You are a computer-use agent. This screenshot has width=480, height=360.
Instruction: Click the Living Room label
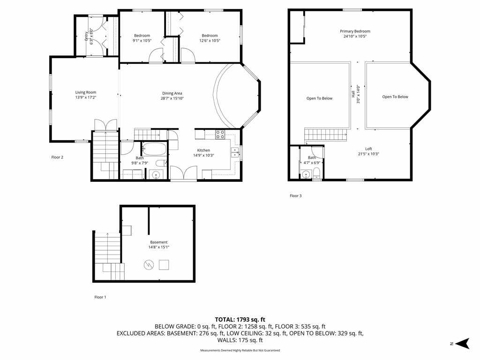click(86, 92)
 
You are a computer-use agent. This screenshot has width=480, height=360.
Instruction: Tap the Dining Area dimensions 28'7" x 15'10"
click(172, 98)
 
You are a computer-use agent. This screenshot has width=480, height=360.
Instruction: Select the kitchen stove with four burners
click(220, 135)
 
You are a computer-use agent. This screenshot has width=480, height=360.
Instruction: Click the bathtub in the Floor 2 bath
click(154, 150)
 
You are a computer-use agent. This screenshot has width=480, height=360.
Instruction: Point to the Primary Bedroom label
click(355, 31)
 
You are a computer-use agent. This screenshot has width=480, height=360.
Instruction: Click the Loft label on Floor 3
click(368, 149)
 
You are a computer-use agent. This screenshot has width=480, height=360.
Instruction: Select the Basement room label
click(159, 242)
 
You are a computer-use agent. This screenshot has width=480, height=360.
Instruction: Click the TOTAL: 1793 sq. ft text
click(240, 320)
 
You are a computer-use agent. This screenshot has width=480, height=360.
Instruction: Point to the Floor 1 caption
click(100, 297)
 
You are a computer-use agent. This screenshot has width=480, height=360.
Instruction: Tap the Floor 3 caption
click(296, 195)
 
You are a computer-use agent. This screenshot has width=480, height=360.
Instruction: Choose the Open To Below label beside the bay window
click(395, 97)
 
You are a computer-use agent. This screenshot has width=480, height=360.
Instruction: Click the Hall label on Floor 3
click(353, 94)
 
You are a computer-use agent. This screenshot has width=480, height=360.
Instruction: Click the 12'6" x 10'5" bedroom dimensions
click(210, 40)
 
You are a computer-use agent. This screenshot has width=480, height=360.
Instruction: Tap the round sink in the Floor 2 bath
click(156, 175)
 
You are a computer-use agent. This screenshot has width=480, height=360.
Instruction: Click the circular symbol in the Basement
click(149, 265)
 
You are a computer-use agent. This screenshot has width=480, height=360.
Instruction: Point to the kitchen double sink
click(235, 152)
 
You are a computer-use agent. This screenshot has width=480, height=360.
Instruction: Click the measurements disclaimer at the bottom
click(240, 350)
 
